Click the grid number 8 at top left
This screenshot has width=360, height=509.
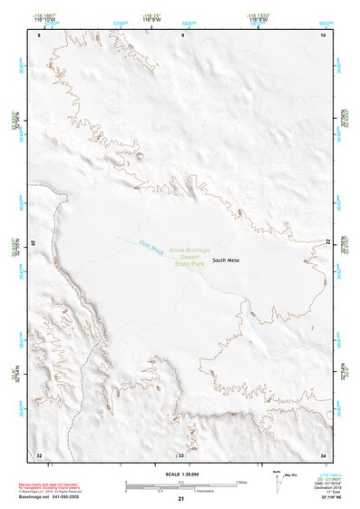tap(38, 34)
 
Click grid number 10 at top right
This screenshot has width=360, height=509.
tap(324, 34)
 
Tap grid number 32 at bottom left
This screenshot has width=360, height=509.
tap(38, 454)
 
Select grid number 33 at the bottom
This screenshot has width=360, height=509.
tap(180, 454)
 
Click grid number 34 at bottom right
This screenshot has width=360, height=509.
tap(323, 454)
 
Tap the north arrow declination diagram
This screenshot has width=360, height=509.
tap(277, 478)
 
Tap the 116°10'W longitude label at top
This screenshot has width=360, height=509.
tap(43, 19)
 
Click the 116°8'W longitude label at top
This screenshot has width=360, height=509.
tap(258, 19)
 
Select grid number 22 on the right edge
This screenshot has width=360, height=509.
tap(328, 242)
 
